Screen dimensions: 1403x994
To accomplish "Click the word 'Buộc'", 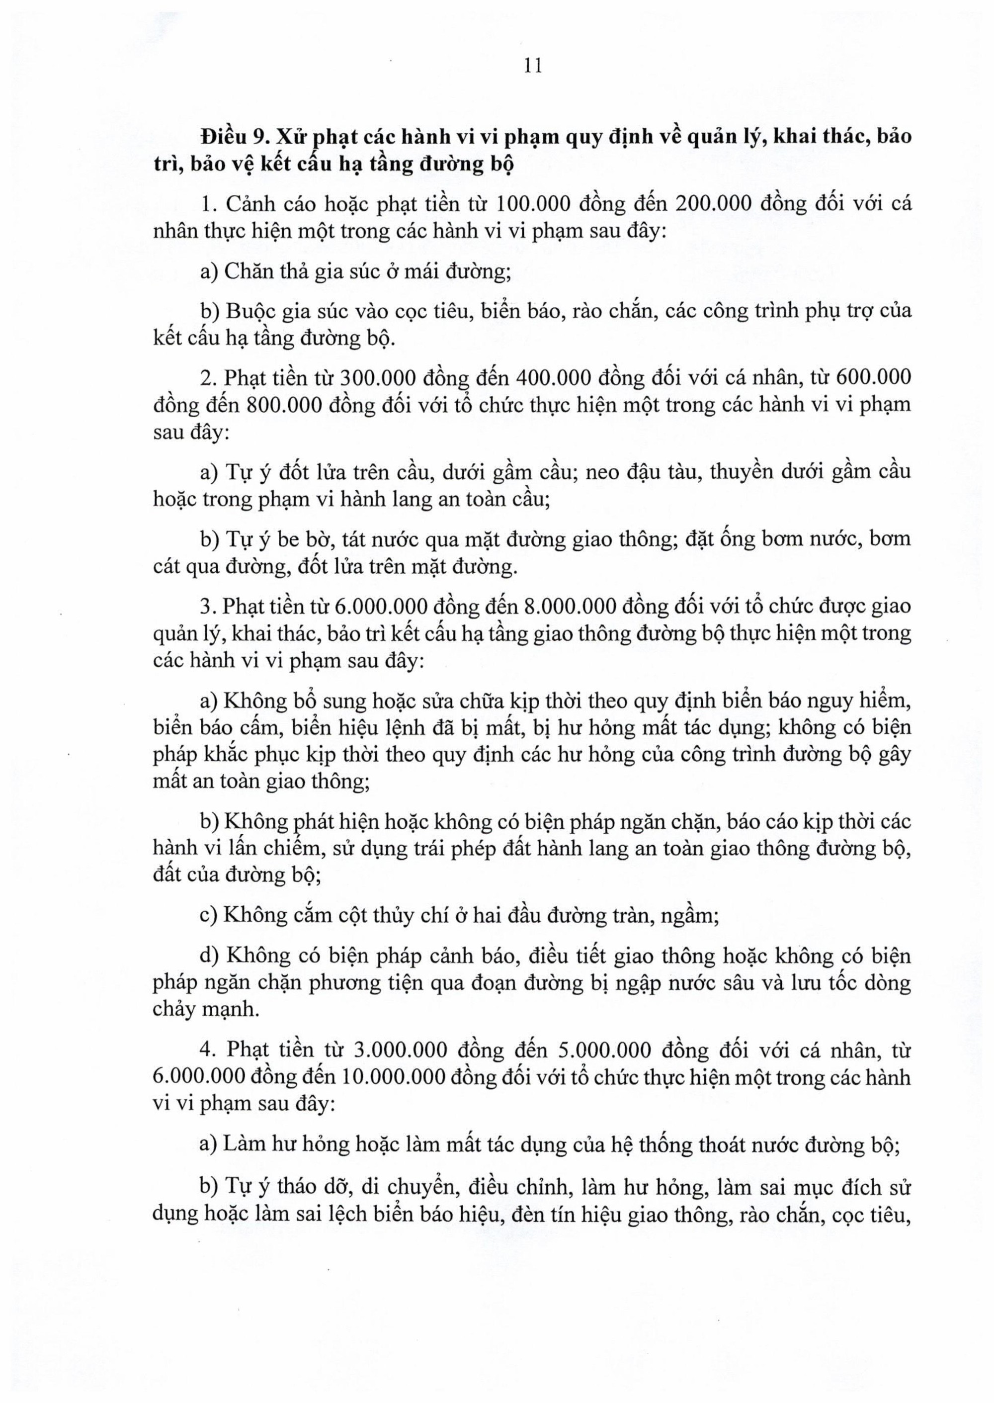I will click(251, 311).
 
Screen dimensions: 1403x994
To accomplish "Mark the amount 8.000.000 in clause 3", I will click(570, 606).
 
